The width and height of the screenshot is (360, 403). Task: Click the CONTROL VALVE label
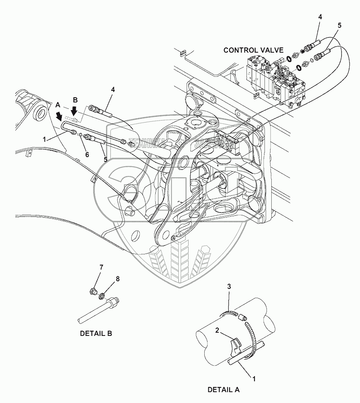(253, 50)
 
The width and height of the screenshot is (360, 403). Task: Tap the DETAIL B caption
(96, 333)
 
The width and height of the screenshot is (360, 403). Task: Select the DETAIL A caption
(224, 389)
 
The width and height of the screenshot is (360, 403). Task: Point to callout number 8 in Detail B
(118, 278)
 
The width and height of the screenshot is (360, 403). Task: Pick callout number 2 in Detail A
(217, 330)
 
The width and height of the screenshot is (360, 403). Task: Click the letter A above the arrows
(58, 104)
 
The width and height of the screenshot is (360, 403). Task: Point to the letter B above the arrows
(75, 100)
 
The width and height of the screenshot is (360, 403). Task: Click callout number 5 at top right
(340, 25)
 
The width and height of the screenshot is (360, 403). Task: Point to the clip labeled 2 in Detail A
(236, 345)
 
